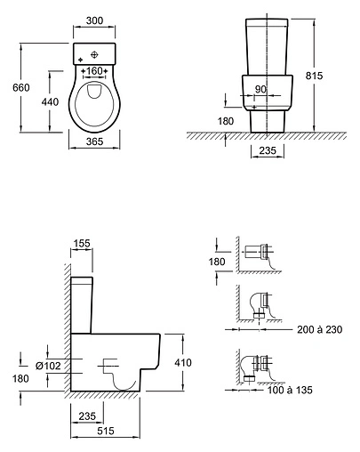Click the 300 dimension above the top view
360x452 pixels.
click(x=94, y=20)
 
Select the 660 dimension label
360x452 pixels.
click(x=21, y=87)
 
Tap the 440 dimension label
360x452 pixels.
click(x=50, y=101)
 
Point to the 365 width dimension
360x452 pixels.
click(x=94, y=141)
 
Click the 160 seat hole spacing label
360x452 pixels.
click(x=94, y=71)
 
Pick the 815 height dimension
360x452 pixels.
click(x=314, y=76)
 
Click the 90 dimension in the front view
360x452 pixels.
click(x=260, y=89)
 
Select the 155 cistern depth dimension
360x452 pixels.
click(x=82, y=243)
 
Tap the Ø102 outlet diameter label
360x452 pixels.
click(x=48, y=366)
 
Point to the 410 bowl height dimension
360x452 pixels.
click(x=183, y=362)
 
